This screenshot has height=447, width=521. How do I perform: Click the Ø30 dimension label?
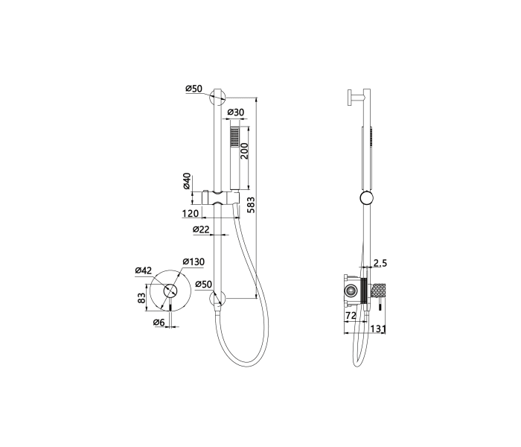pyautogui.click(x=235, y=112)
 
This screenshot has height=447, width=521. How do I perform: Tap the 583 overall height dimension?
pyautogui.click(x=252, y=205)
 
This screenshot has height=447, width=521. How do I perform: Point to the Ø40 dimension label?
pyautogui.click(x=187, y=181)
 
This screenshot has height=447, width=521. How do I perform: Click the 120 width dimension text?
pyautogui.click(x=191, y=213)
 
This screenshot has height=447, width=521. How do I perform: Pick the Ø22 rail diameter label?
pyautogui.click(x=202, y=229)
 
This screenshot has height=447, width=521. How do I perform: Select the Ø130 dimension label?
pyautogui.click(x=194, y=261)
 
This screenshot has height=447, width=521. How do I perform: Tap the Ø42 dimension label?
pyautogui.click(x=143, y=270)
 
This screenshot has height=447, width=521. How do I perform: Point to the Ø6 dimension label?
pyautogui.click(x=159, y=322)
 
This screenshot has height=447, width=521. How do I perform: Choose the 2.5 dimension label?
pyautogui.click(x=380, y=263)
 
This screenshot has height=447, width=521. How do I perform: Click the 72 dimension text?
pyautogui.click(x=351, y=315)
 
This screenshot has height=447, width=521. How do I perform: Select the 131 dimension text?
pyautogui.click(x=378, y=329)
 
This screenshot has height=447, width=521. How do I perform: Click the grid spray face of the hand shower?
pyautogui.click(x=234, y=137)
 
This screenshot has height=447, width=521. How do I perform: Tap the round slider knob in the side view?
pyautogui.click(x=367, y=198)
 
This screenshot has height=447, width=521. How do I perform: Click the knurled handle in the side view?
pyautogui.click(x=380, y=291)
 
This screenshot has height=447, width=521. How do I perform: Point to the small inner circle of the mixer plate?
pyautogui.click(x=170, y=291)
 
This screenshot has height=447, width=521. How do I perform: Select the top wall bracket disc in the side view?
pyautogui.click(x=349, y=98)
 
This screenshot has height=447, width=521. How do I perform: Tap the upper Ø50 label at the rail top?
pyautogui.click(x=194, y=89)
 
